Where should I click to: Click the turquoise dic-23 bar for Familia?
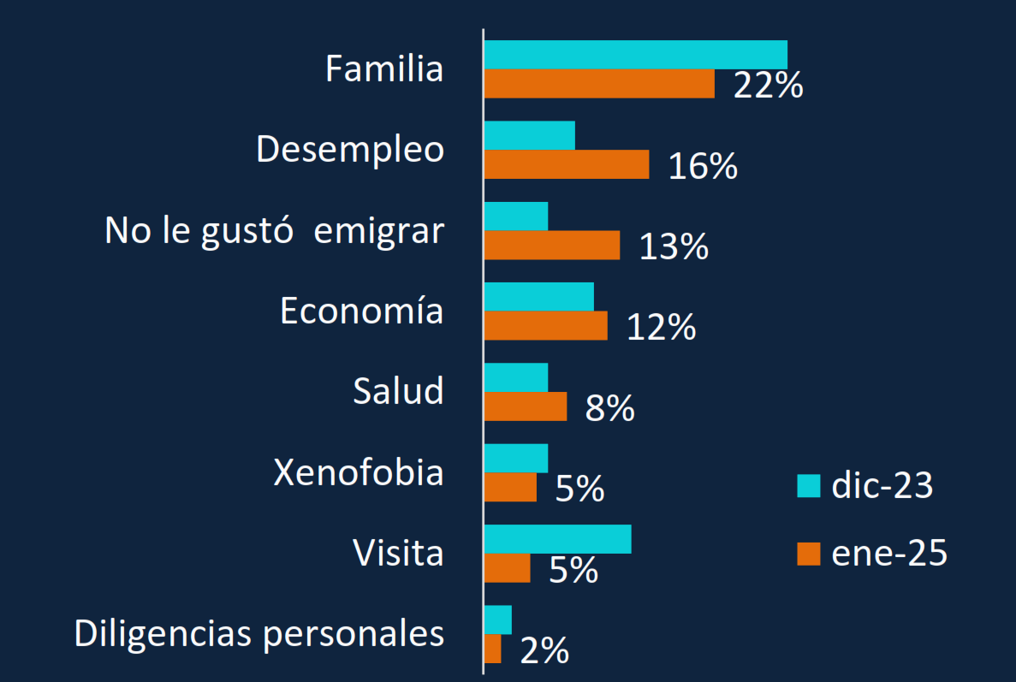click(635, 55)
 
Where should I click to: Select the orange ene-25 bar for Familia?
click(599, 84)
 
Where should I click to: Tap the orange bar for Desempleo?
click(566, 164)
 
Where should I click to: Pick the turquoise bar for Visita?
click(557, 539)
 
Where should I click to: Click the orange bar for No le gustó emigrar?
click(551, 245)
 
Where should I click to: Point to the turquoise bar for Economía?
click(538, 296)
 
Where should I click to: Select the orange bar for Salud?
click(525, 406)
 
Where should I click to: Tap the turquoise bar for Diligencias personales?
click(497, 620)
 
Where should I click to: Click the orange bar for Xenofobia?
click(510, 487)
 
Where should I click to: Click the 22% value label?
click(768, 86)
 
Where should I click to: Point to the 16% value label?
click(703, 166)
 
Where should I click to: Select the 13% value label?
click(674, 246)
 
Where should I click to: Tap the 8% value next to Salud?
click(609, 409)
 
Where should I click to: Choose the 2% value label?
click(544, 652)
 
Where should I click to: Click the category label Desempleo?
click(350, 150)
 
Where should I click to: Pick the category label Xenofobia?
click(359, 471)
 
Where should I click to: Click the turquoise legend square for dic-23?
click(808, 485)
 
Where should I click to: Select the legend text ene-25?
click(889, 554)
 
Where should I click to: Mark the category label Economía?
click(361, 311)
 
